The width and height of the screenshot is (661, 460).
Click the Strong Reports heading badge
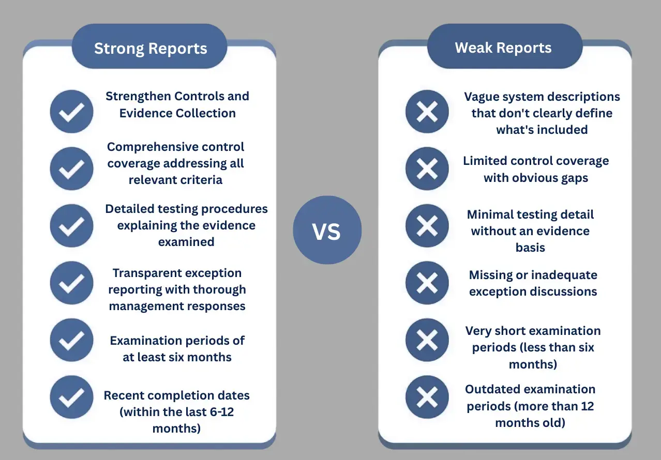(x=150, y=49)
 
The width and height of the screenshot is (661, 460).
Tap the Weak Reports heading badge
(x=503, y=48)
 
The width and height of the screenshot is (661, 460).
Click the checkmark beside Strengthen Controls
(x=71, y=111)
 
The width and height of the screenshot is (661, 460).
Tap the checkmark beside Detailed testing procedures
(x=71, y=225)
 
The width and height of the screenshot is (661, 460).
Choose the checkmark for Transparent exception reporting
(x=71, y=283)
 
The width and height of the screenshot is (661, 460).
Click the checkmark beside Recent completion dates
(x=71, y=397)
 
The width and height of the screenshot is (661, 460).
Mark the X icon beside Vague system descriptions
(x=427, y=111)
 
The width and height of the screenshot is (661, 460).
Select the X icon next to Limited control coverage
(x=427, y=168)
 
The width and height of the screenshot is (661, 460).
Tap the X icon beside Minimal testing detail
(x=427, y=225)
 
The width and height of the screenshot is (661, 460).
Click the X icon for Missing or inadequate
(x=427, y=283)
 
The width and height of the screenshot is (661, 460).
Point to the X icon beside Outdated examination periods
(x=427, y=397)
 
